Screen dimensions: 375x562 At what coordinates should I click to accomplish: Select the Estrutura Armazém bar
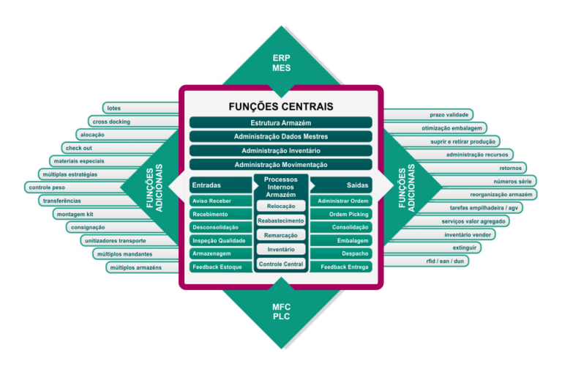click(281, 122)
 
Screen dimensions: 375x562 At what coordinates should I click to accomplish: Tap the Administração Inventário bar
click(281, 151)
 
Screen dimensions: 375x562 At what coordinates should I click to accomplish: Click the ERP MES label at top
click(281, 63)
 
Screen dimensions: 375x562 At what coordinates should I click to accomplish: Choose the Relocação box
click(281, 207)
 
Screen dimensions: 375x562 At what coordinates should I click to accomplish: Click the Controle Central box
click(281, 264)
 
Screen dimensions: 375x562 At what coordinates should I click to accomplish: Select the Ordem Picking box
click(341, 214)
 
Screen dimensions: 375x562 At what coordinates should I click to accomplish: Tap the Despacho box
click(341, 253)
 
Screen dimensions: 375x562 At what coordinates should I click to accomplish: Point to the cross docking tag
click(112, 122)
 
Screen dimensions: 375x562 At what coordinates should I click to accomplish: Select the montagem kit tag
click(75, 214)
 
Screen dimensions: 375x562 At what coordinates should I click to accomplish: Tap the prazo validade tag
click(450, 115)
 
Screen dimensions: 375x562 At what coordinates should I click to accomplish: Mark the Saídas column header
click(356, 185)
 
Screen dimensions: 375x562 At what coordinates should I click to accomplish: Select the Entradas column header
click(206, 185)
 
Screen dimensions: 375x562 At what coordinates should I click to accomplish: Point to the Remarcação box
click(281, 235)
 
